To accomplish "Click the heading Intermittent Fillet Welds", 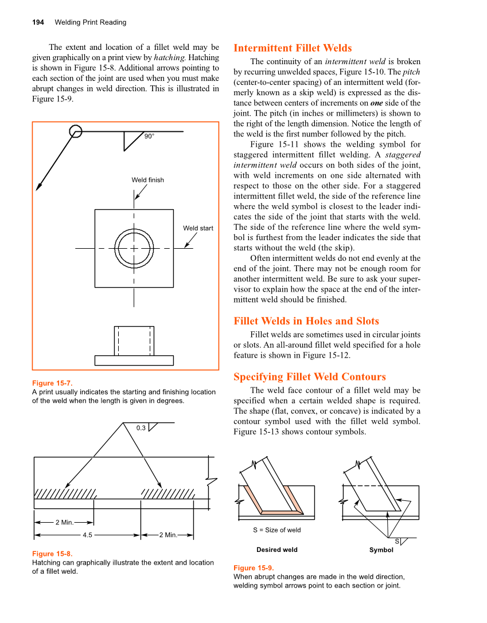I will tap(293, 48).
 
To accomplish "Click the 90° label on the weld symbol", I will tap(149, 136).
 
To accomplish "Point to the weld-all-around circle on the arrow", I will tap(75, 132).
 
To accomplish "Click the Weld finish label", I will tap(147, 180).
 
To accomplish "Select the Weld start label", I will tap(198, 228).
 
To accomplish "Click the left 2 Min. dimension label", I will tap(64, 522).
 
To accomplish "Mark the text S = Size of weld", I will tap(276, 530).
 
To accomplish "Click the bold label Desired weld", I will tap(276, 550).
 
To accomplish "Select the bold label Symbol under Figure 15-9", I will tap(381, 550).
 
